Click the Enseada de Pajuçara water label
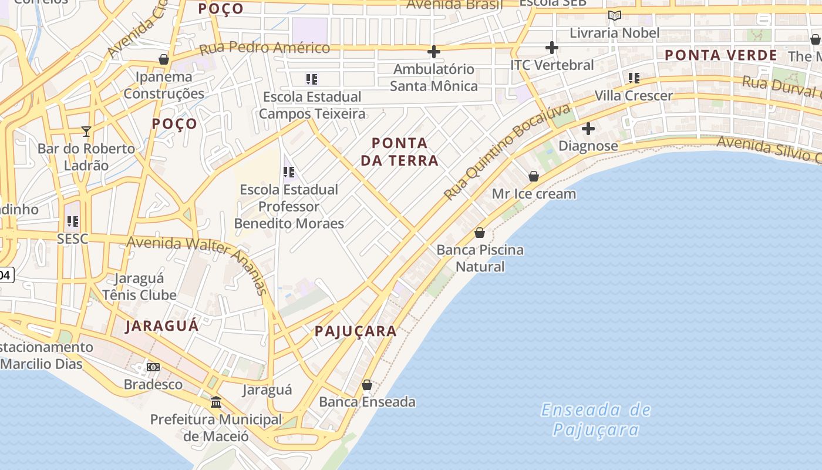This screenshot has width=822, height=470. pos(596,419)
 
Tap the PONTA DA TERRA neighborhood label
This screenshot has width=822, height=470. pos(400,152)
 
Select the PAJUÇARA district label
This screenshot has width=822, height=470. pos(356,331)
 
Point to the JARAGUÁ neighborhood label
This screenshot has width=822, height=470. pos(162,326)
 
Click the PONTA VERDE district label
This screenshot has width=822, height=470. pos(721,55)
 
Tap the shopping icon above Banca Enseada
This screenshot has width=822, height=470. pos(367,385)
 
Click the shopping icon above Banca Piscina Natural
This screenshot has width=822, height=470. pos(480,233)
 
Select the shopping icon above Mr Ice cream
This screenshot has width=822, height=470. pos(534,176)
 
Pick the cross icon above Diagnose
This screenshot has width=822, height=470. pos(588,129)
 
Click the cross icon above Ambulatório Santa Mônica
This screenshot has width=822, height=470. pos(434,52)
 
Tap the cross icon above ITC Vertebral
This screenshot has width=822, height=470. pos(551,47)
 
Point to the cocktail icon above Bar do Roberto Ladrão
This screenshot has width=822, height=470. pos(86,131)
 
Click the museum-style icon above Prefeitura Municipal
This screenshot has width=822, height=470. pos(216,402)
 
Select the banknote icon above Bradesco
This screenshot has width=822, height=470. pos(153,367)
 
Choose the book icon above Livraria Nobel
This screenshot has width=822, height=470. pos(615,15)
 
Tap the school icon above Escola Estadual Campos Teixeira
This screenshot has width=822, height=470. pos(312,79)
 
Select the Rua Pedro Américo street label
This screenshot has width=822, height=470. pos(264,48)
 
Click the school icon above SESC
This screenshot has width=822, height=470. pos(73,221)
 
